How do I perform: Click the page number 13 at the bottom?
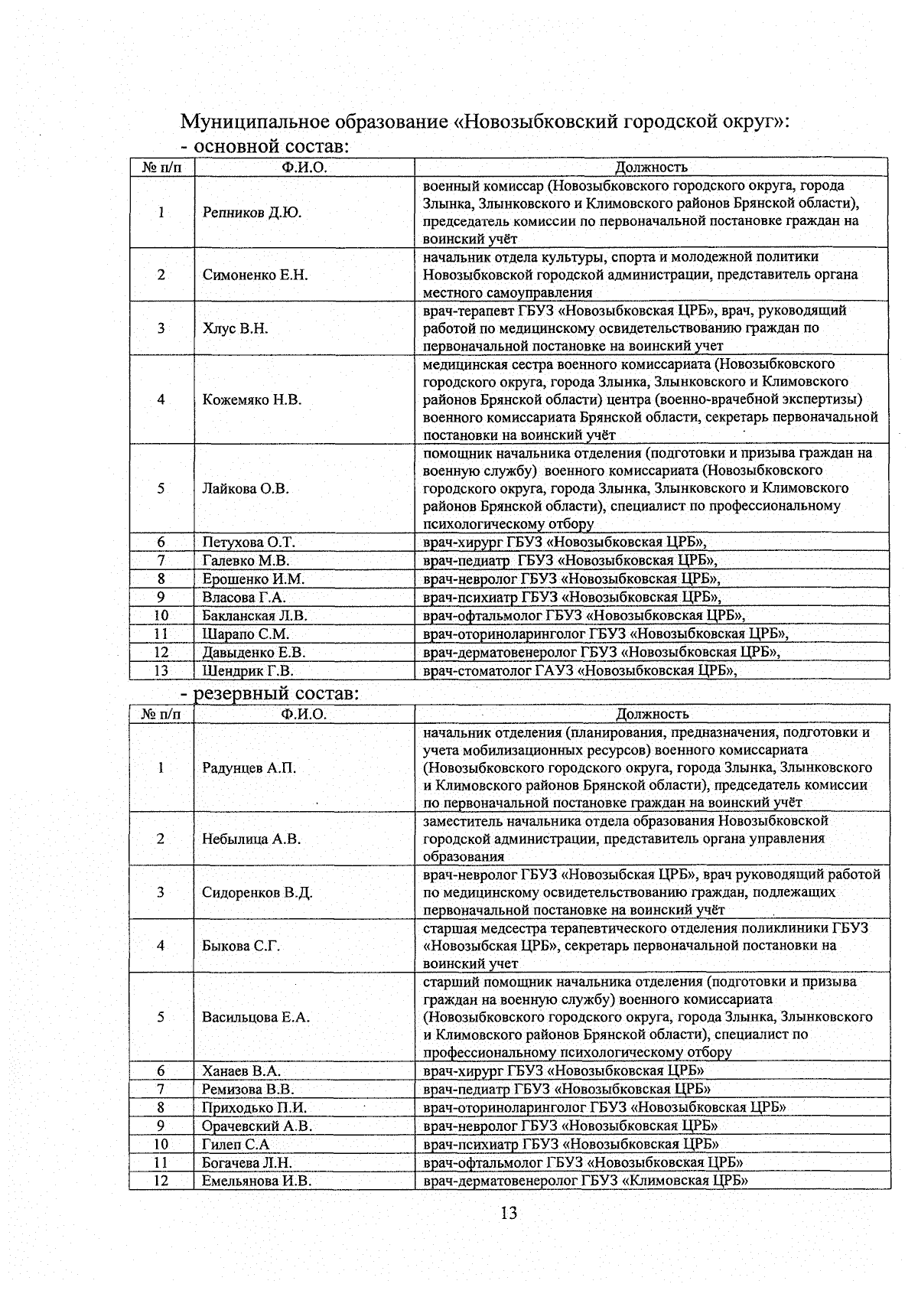click(x=509, y=1213)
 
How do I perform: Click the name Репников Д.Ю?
click(x=252, y=213)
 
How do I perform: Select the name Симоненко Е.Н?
click(x=255, y=275)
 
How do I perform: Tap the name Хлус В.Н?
click(x=235, y=328)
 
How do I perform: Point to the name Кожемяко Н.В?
click(x=252, y=399)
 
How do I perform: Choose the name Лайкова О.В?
click(x=246, y=488)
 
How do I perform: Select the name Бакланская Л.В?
click(x=255, y=616)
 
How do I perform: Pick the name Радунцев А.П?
click(x=249, y=767)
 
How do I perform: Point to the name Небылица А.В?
click(x=251, y=839)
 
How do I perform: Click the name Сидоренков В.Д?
click(x=257, y=892)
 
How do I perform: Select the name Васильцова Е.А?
click(x=256, y=1017)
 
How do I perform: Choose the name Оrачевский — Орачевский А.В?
click(x=257, y=1126)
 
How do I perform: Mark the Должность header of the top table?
click(x=651, y=167)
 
